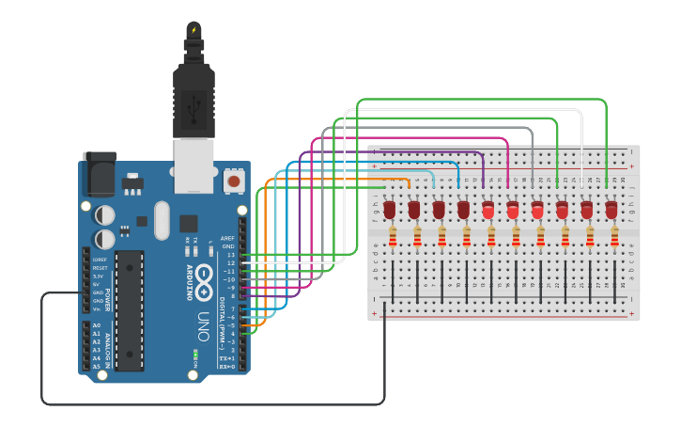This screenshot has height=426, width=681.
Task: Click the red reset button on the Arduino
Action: pyautogui.click(x=233, y=179)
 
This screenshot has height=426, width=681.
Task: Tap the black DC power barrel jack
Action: pyautogui.click(x=99, y=174)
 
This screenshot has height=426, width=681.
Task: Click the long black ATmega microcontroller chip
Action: pyautogui.click(x=130, y=309)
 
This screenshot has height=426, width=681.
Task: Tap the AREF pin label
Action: pyautogui.click(x=227, y=239)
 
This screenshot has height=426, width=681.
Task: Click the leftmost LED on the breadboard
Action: pyautogui.click(x=390, y=210)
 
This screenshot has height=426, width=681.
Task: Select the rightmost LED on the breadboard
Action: pyautogui.click(x=611, y=210)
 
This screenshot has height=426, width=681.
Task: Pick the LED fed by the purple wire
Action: pyautogui.click(x=488, y=210)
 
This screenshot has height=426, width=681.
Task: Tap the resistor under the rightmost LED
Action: pyautogui.click(x=614, y=237)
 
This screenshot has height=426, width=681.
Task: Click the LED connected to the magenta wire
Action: pyautogui.click(x=513, y=210)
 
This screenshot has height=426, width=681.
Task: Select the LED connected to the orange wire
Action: pyautogui.click(x=414, y=210)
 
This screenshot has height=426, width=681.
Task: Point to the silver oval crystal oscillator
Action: pyautogui.click(x=163, y=220)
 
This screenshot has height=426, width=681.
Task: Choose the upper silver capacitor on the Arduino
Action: pyautogui.click(x=105, y=215)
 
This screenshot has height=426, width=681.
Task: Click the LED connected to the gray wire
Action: pyautogui.click(x=537, y=210)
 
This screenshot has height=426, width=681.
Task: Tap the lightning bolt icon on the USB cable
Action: pyautogui.click(x=193, y=30)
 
